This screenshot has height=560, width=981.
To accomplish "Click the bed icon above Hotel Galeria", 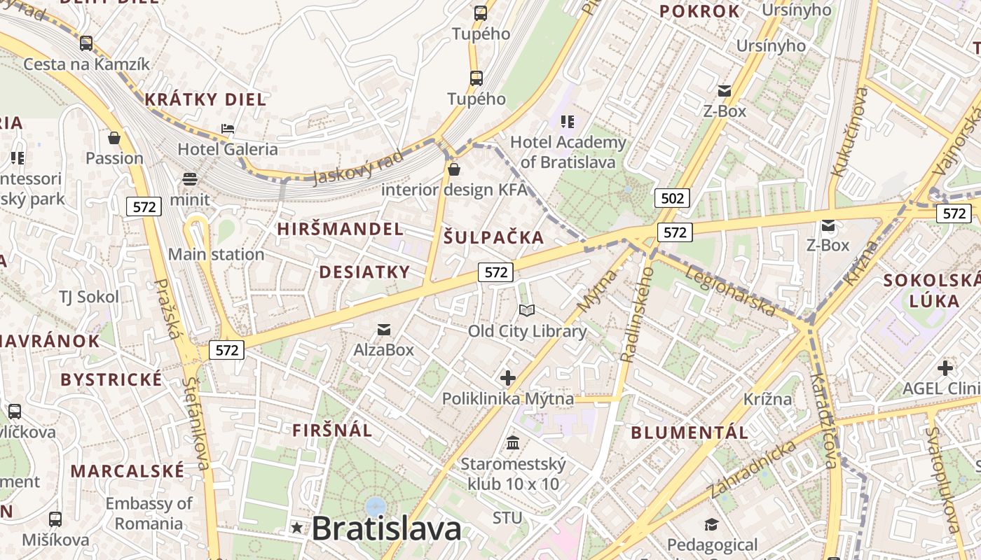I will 228,129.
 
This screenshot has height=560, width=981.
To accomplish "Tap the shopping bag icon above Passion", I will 114,138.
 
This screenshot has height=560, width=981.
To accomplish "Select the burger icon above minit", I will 190,178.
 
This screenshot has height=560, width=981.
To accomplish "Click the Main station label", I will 216,254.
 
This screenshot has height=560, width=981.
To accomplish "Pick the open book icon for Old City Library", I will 527,310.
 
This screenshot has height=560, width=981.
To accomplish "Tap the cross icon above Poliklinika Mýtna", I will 508,378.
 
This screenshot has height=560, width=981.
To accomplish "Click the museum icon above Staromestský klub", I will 513,443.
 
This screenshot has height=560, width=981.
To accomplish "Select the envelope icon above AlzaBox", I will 384,329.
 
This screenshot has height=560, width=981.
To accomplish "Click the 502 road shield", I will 672,198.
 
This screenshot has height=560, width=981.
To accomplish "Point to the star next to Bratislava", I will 298,528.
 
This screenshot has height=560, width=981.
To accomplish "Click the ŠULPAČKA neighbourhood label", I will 494,237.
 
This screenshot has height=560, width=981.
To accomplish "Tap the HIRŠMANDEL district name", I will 341,229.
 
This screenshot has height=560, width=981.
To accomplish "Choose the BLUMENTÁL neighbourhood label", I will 690,432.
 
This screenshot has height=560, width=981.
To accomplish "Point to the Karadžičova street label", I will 823,420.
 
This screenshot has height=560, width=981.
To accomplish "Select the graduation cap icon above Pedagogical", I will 712,525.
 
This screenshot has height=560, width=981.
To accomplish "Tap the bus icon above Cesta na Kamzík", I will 86,43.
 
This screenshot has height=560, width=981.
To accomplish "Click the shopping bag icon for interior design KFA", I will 454,169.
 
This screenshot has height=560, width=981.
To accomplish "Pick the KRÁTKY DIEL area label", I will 205,99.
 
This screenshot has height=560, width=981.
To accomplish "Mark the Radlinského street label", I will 636,314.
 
